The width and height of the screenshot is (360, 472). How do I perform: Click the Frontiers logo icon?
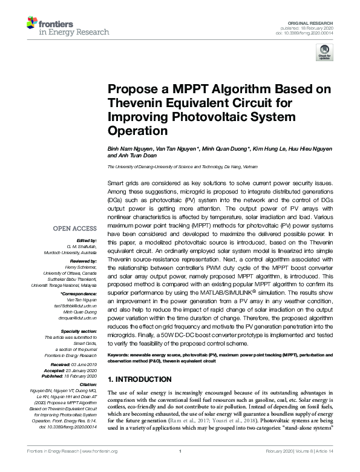tap(32, 24)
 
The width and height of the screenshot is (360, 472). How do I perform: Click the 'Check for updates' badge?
tap(322, 54)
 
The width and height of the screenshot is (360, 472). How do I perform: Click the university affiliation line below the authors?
tap(182, 166)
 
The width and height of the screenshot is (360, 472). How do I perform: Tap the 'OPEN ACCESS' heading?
tap(75, 229)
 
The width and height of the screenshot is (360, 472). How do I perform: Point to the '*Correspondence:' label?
tap(79, 295)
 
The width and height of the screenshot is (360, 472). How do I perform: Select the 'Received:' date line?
tap(71, 364)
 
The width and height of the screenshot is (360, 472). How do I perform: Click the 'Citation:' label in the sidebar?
tap(87, 385)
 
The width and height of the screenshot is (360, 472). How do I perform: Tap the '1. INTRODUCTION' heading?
tap(139, 379)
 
